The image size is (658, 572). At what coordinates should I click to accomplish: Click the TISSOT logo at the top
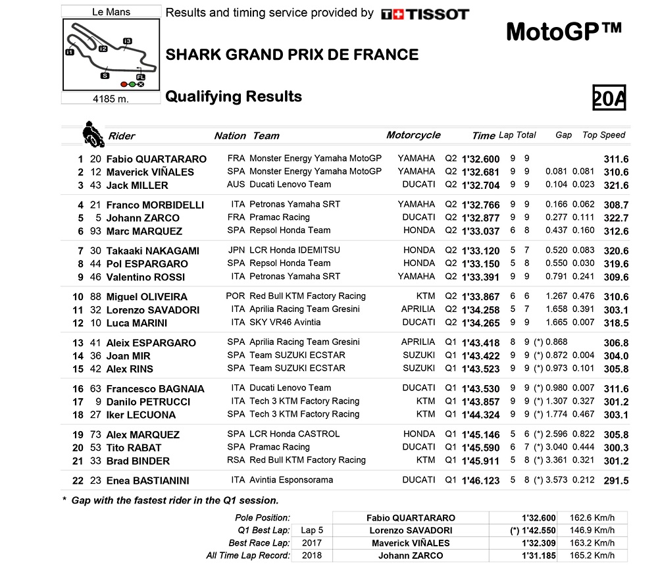[425, 14]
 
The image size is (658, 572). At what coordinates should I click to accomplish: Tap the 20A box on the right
[609, 98]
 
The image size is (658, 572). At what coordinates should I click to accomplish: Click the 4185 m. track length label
[110, 99]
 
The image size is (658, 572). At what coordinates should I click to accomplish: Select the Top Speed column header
[603, 135]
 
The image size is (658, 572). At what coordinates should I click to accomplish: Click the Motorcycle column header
[413, 135]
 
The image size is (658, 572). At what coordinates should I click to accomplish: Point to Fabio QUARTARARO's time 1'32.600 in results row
[481, 159]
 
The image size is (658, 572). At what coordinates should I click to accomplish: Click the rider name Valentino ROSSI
[145, 277]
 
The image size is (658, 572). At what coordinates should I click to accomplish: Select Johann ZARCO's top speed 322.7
[616, 218]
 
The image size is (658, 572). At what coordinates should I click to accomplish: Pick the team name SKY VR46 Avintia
[285, 323]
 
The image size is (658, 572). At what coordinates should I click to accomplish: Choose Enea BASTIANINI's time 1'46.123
[481, 481]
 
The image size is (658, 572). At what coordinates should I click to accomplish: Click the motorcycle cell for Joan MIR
[418, 355]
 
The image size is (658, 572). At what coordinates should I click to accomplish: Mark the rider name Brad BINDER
[138, 461]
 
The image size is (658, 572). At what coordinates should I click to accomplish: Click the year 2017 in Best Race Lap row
[312, 543]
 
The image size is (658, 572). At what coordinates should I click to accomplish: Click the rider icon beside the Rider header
[93, 134]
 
